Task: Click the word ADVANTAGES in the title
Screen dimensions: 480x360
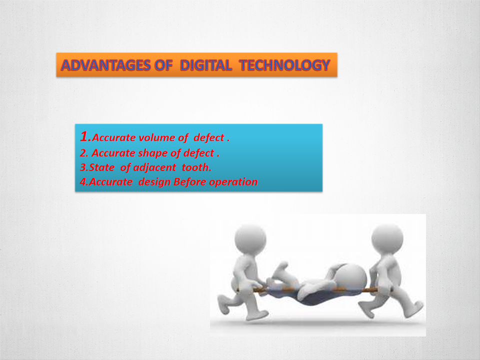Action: [106, 65]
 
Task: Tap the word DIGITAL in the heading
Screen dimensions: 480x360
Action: [205, 65]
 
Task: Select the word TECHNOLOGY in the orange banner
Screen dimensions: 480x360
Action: [284, 65]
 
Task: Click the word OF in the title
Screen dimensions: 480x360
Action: [164, 65]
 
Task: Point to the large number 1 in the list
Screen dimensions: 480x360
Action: [84, 136]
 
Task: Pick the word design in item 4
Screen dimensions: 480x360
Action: [154, 182]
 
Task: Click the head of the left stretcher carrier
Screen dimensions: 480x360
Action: [250, 239]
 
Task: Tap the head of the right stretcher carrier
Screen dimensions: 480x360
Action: [387, 239]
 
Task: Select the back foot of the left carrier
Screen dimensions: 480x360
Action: [223, 304]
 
